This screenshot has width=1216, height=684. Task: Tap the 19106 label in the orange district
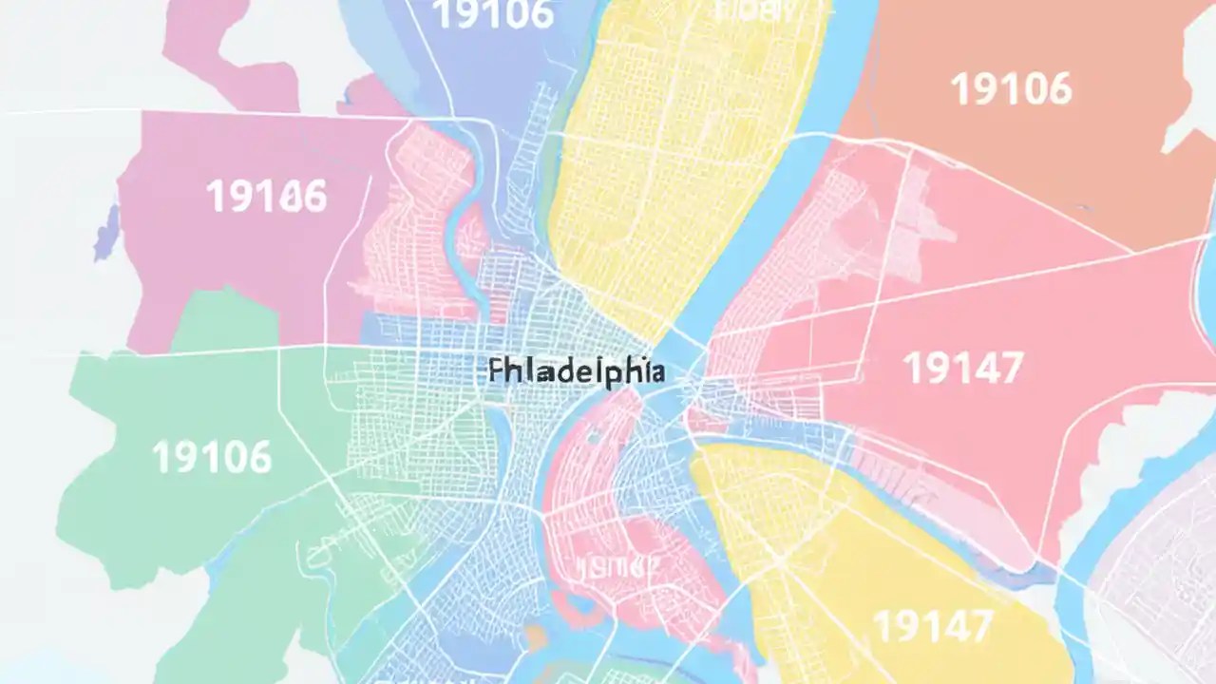click(x=1011, y=89)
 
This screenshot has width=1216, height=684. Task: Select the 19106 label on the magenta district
click(x=266, y=196)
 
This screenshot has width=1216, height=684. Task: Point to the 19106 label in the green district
click(x=211, y=457)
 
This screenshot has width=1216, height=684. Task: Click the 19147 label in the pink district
click(x=962, y=368)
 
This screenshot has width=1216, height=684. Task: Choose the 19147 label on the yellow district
click(x=932, y=626)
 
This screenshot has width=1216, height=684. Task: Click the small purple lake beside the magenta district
click(x=106, y=234)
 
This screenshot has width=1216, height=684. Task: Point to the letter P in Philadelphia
click(x=496, y=371)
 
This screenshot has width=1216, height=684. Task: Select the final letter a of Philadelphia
click(x=655, y=371)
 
